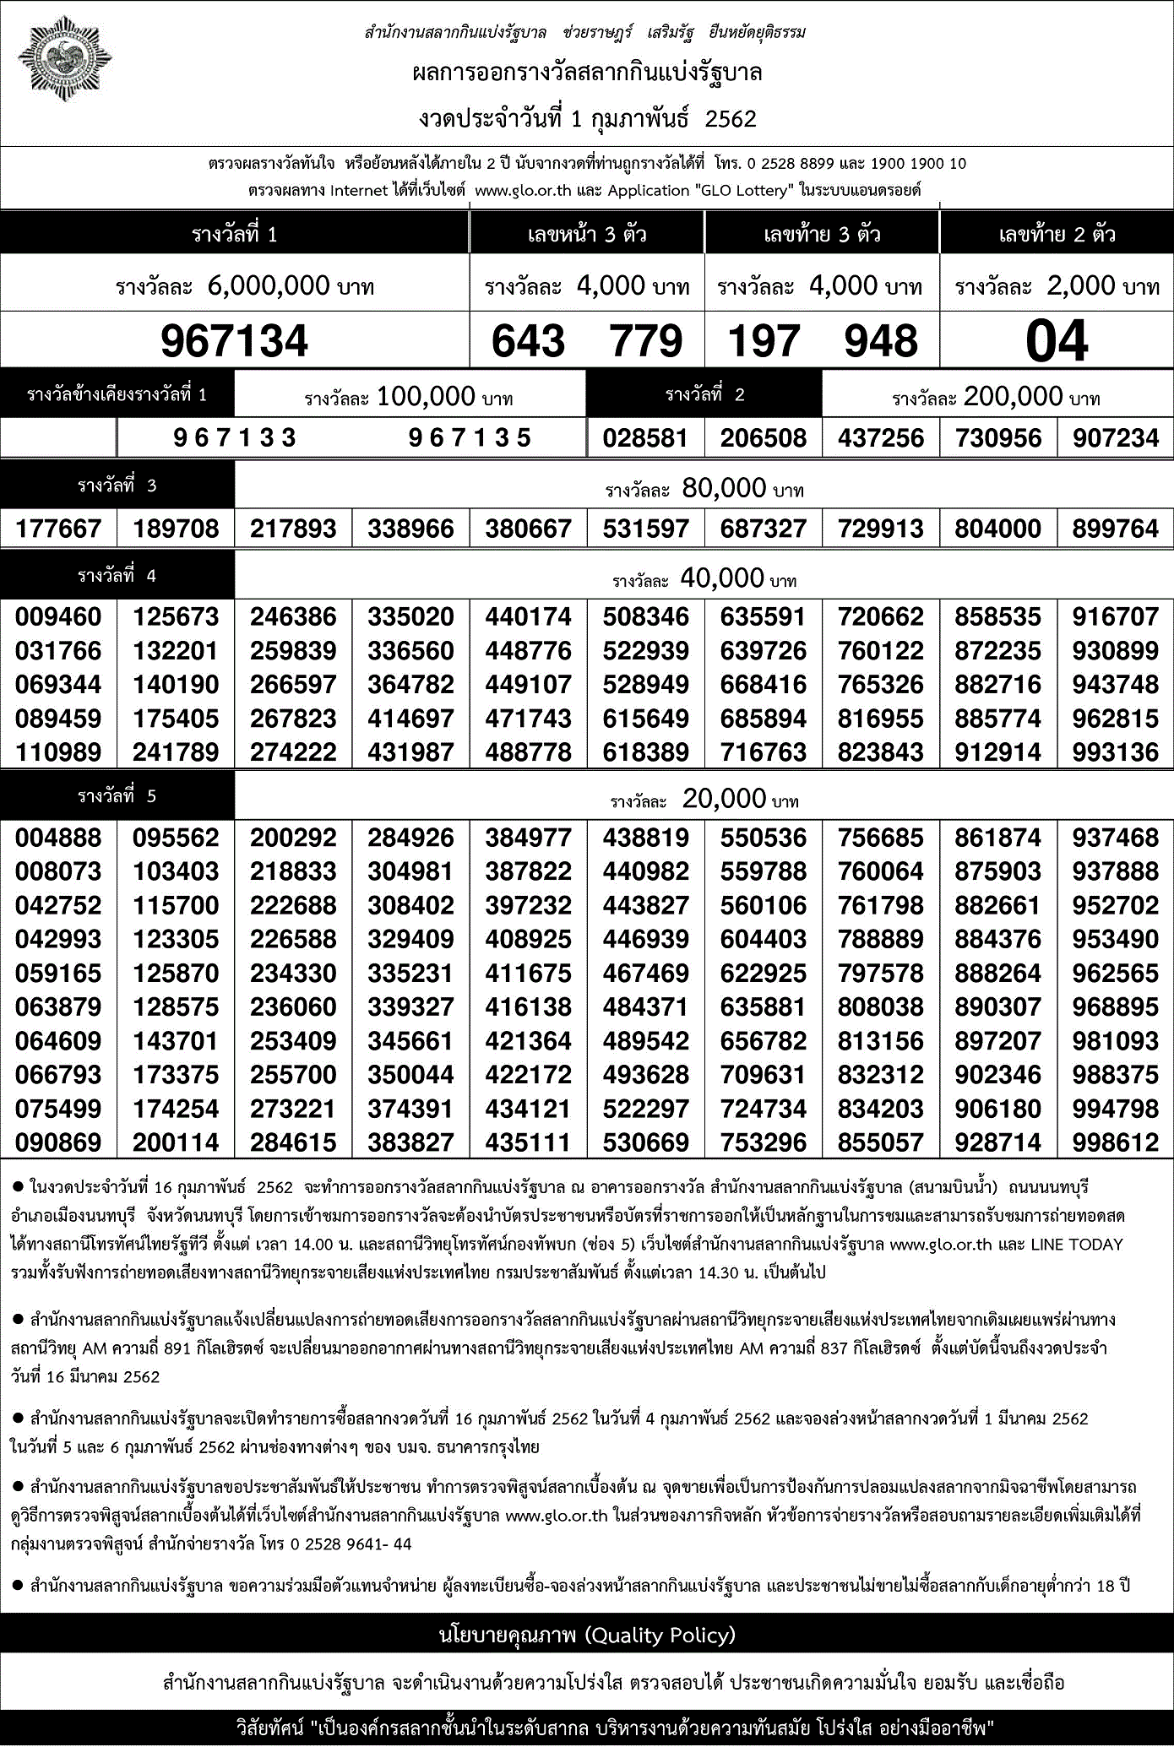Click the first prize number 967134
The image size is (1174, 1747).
(x=234, y=341)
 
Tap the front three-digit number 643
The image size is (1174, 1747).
(x=528, y=341)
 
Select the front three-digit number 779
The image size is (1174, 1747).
(x=646, y=341)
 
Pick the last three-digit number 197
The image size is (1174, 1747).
(x=764, y=341)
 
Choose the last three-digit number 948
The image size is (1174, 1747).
(x=881, y=341)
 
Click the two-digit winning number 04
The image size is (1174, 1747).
(x=1057, y=341)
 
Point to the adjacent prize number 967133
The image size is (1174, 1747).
(x=235, y=437)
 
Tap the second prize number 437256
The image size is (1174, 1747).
(x=881, y=438)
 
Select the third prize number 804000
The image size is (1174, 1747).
(x=997, y=529)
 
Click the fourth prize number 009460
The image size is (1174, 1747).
(x=58, y=616)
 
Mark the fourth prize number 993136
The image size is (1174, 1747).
(x=1115, y=752)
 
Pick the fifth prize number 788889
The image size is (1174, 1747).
(x=881, y=939)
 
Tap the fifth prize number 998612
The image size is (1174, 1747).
(x=1115, y=1142)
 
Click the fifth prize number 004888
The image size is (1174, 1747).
(x=58, y=838)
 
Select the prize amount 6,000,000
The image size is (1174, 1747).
(x=269, y=286)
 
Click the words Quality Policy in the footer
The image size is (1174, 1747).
(x=660, y=1636)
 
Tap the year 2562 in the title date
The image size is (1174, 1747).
(x=731, y=119)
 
